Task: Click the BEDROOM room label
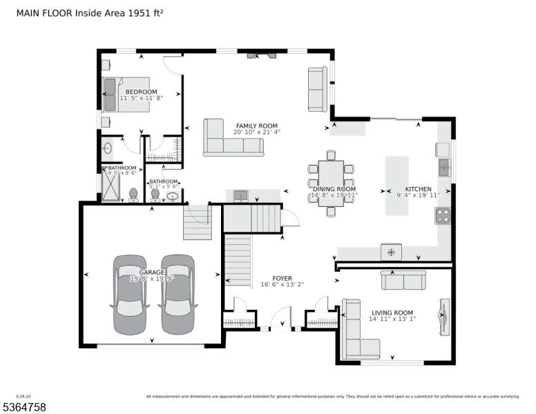tap(141, 92)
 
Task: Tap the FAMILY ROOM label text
tap(257, 125)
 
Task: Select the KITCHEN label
tap(418, 189)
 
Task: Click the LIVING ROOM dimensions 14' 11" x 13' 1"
tap(392, 319)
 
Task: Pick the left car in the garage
tap(128, 285)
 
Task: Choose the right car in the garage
tap(176, 285)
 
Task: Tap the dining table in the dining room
tap(331, 188)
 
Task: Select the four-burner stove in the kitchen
tap(443, 216)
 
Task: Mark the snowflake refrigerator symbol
tap(391, 253)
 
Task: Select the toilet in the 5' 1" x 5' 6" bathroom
tap(155, 195)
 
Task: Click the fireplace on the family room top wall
tap(260, 54)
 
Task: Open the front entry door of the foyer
tap(280, 321)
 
